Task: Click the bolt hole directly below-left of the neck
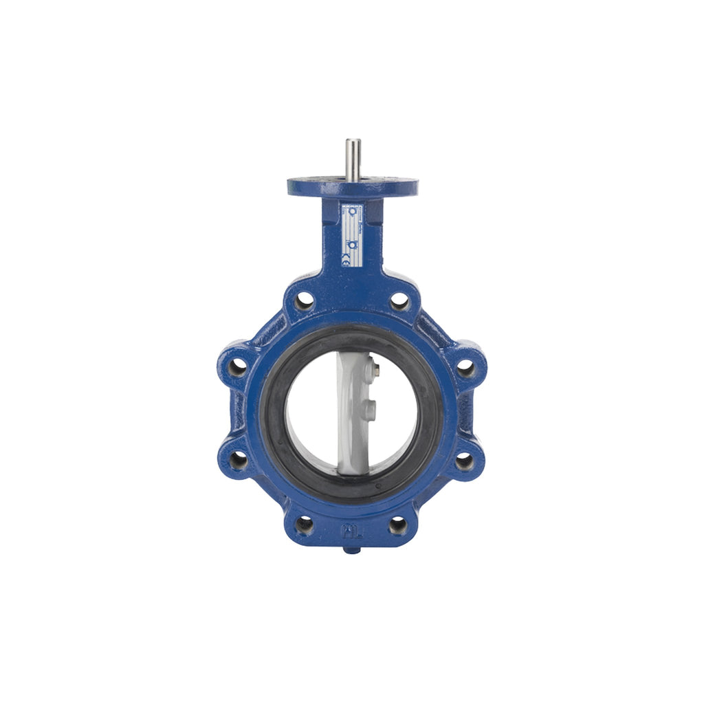(x=304, y=301)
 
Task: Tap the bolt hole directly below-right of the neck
(x=399, y=301)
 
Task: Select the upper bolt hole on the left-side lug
(x=238, y=366)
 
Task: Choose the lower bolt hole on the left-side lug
(x=238, y=460)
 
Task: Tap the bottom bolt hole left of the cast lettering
(x=304, y=525)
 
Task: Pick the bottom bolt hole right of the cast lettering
(x=398, y=525)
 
